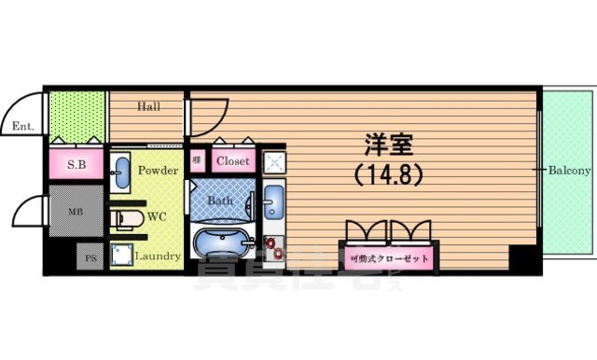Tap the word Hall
coord(149,106)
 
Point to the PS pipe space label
coord(90,256)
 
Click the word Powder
coord(158,172)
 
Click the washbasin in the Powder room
coord(121,169)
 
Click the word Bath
coord(221,200)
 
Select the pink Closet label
coord(232,161)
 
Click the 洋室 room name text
coord(389,146)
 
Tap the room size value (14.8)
coord(389,173)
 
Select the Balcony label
coord(569,171)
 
